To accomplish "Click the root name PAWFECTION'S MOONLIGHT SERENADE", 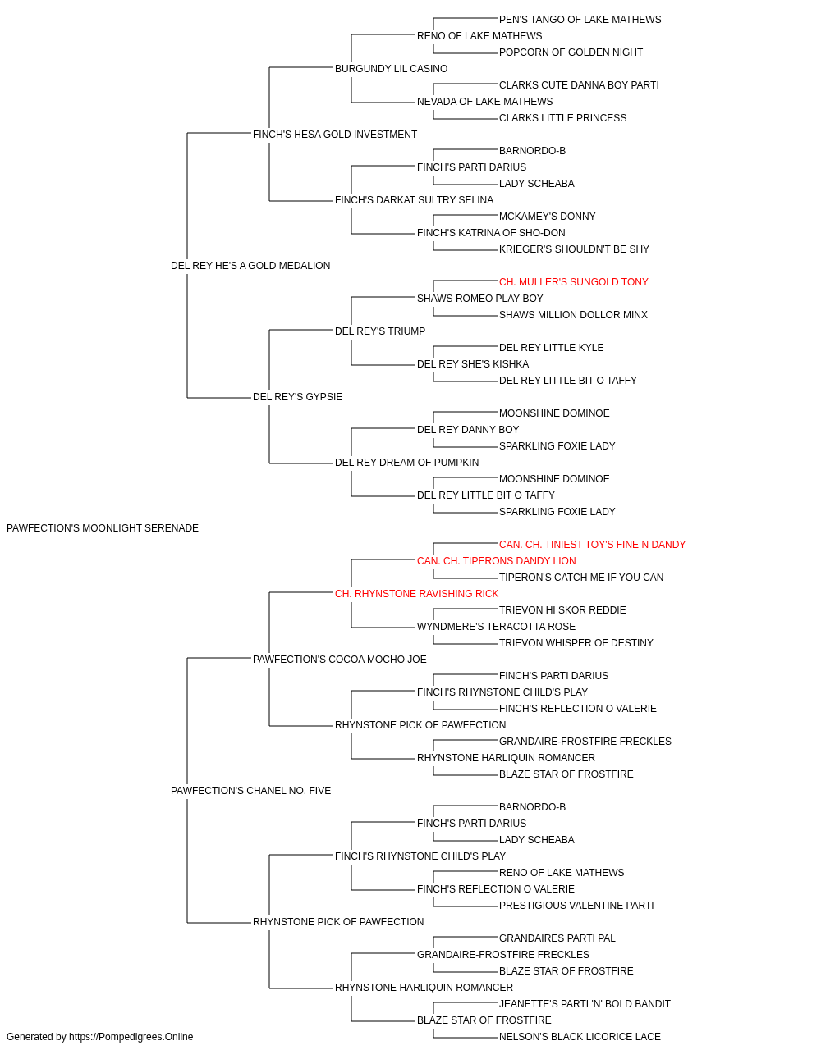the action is tap(103, 528).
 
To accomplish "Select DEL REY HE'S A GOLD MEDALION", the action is tap(250, 265).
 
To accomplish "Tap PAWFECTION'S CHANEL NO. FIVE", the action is tap(251, 791).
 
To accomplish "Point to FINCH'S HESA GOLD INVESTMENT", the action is tap(335, 135).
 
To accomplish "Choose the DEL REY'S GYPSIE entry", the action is tap(297, 397).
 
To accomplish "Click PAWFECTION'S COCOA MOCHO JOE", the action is tap(339, 659).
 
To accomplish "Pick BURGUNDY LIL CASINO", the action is tap(391, 69).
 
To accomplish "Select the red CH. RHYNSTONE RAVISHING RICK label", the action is tap(417, 593).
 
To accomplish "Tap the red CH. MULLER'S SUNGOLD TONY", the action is tap(573, 281).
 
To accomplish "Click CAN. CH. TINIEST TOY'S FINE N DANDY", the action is tap(592, 544).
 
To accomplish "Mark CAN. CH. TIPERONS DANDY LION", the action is tap(497, 560).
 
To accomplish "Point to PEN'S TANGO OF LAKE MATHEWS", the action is tap(580, 20).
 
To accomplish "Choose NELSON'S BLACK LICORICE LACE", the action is tap(580, 1037).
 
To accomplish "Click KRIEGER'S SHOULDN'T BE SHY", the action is tap(574, 249).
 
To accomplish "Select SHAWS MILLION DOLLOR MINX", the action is tap(573, 314).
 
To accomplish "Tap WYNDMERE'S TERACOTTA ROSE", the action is tap(496, 626).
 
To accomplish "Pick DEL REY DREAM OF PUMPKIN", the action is tap(406, 463).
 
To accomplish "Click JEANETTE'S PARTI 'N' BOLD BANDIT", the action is tap(585, 1003).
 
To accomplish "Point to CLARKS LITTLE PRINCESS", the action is tap(563, 118).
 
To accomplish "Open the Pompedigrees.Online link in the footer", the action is tap(131, 1037).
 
